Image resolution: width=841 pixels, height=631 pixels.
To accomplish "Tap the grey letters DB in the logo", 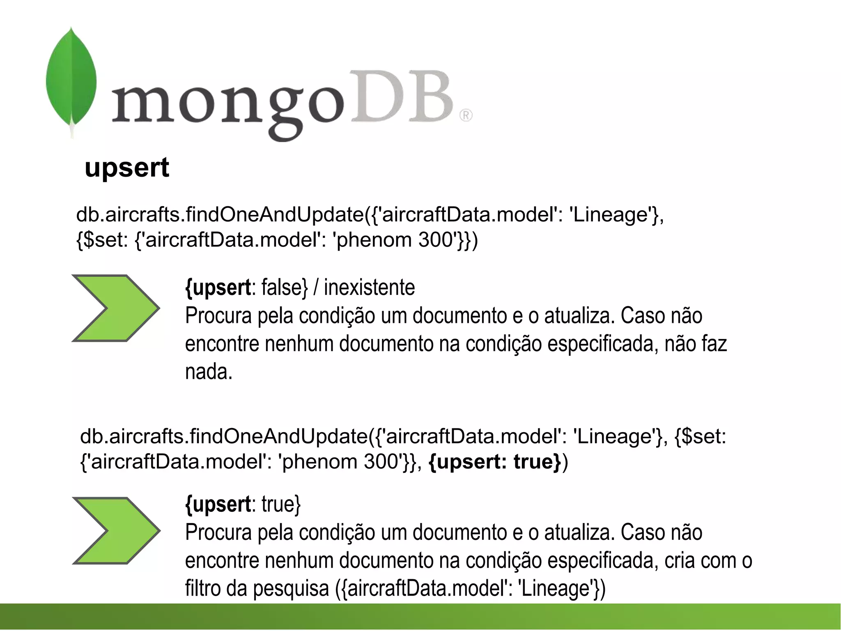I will (403, 98).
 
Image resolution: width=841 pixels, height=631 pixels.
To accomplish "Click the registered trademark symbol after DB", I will (466, 115).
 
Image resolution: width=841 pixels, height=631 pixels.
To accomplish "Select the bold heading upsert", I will (127, 168).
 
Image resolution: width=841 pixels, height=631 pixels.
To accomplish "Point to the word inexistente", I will (369, 288).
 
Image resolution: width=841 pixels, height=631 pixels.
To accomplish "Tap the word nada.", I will (209, 372).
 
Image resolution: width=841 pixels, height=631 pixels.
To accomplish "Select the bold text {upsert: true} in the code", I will (494, 462).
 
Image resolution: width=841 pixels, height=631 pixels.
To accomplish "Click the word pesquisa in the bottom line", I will (291, 588).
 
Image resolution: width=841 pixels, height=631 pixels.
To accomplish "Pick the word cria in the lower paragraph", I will (680, 560).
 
